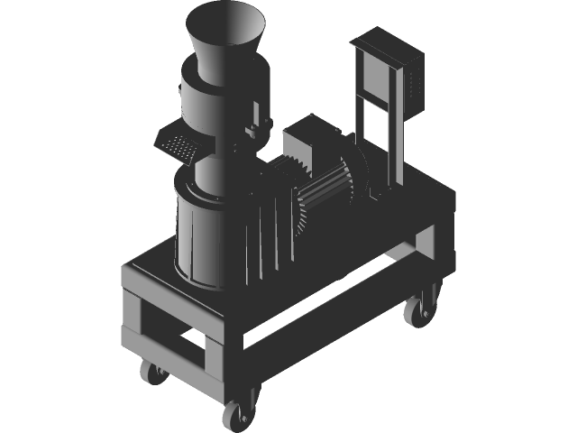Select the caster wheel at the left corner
pyautogui.click(x=151, y=371)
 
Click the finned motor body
pyautogui.click(x=325, y=194)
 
